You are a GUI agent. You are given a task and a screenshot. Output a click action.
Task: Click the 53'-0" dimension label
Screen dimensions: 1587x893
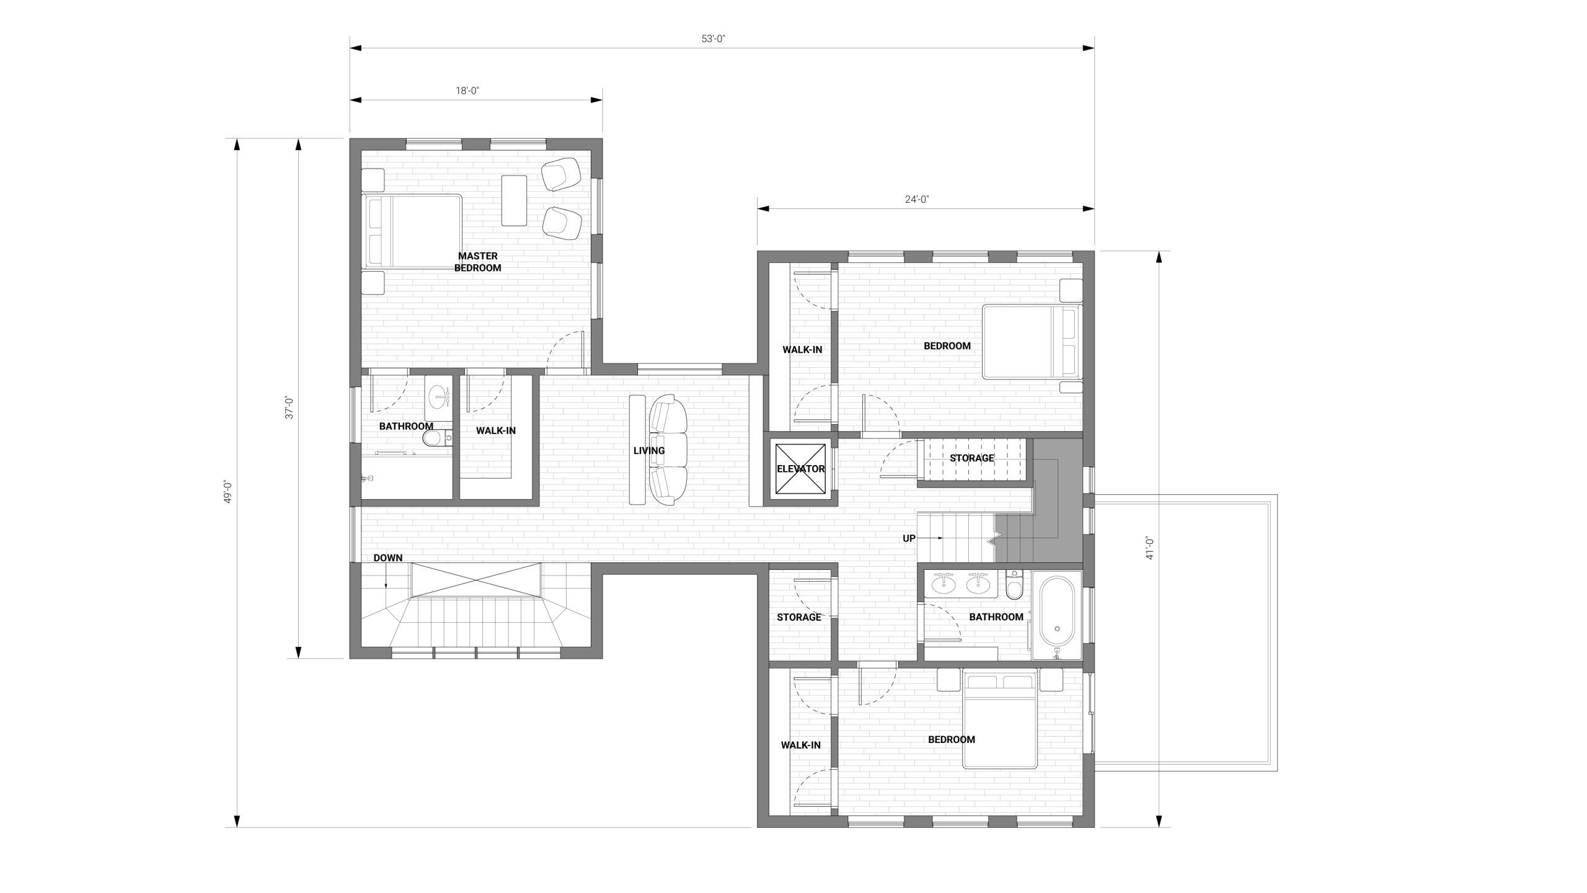714,38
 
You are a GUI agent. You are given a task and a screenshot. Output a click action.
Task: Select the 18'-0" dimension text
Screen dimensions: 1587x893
468,91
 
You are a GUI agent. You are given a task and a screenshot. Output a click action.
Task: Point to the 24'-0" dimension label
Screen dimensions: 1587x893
917,199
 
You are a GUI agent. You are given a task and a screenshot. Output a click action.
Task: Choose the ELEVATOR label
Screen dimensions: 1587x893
801,469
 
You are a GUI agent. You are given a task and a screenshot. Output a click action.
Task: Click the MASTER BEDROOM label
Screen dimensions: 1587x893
477,262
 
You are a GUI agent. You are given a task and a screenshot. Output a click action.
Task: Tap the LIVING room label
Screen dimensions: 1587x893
649,451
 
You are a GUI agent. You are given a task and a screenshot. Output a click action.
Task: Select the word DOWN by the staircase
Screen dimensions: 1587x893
388,558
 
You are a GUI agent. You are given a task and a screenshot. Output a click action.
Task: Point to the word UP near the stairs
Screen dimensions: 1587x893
909,539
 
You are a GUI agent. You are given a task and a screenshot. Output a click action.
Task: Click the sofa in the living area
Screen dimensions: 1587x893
668,451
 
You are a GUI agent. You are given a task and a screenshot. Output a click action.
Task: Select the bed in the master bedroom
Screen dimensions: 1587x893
412,231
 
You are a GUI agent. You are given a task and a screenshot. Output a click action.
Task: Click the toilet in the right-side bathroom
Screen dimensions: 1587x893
1014,585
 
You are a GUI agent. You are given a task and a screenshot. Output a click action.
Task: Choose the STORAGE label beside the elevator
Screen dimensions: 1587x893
972,458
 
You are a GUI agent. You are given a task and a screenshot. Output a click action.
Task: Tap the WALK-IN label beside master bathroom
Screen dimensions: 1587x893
495,430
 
